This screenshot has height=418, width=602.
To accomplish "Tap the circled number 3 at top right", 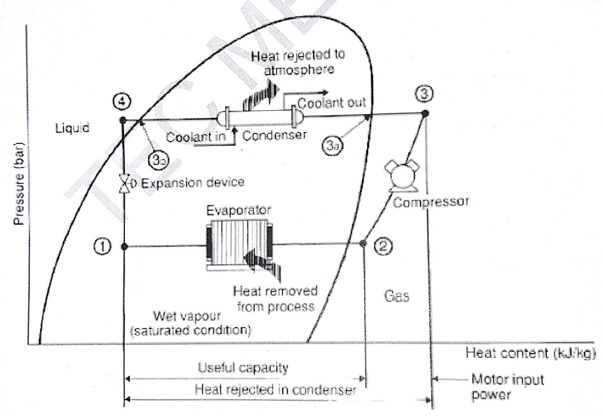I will point(424,94).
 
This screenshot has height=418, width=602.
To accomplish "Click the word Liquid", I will point(72,128).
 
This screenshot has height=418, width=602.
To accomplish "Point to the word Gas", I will point(397,296).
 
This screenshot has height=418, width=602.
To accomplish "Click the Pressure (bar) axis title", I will point(19,183).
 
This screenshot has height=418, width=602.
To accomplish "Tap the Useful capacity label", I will point(243,368).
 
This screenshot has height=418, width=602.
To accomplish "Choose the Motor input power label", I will point(508,386).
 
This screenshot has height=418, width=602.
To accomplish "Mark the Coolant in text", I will point(196,137).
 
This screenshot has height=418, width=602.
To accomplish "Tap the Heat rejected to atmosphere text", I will point(298,62).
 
